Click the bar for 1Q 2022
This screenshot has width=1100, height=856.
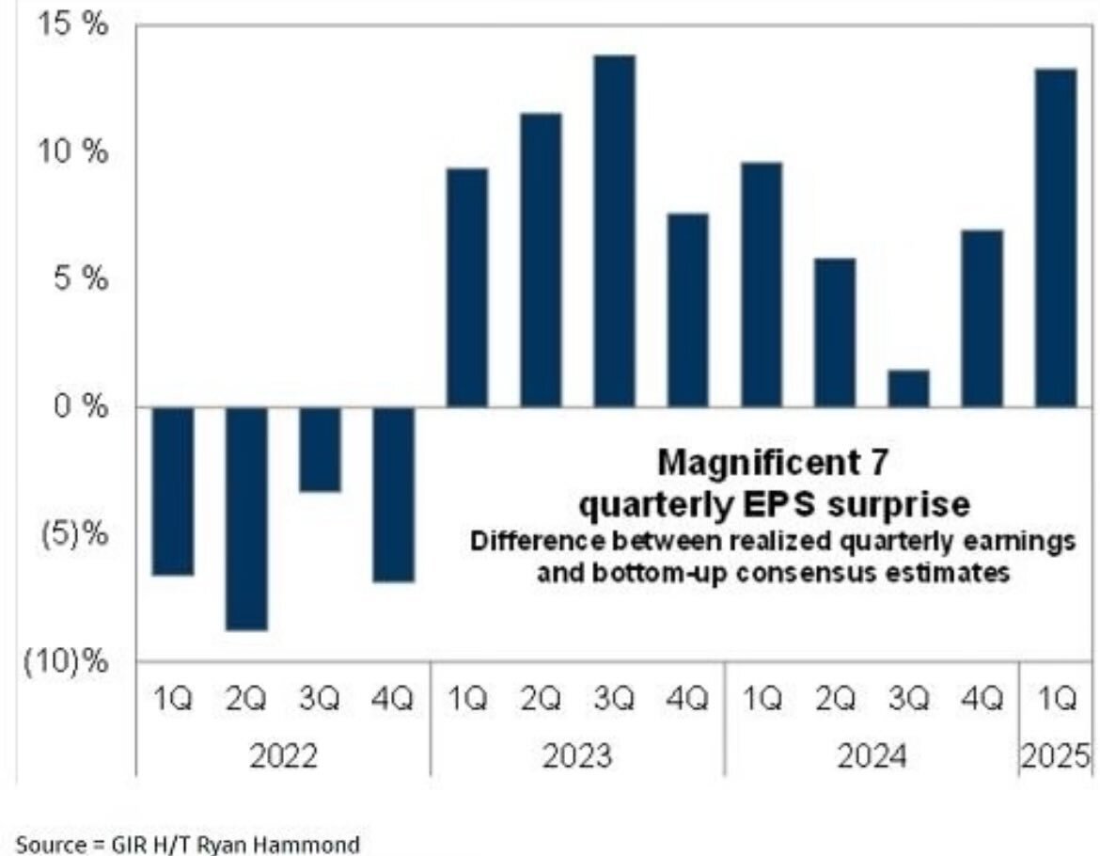tap(173, 490)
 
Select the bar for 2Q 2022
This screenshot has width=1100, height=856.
tap(246, 518)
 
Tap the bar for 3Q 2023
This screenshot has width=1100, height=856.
tap(614, 231)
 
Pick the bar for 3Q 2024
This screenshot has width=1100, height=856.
tap(908, 388)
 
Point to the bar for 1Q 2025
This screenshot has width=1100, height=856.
tap(1055, 238)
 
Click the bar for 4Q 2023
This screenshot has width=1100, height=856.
tap(687, 310)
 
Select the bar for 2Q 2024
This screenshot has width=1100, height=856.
tap(835, 332)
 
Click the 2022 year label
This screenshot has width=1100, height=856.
tap(283, 756)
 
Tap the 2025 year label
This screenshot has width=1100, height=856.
tap(1057, 756)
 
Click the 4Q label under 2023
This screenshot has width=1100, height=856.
tap(687, 701)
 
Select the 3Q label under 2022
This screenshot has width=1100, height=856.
tap(320, 701)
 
